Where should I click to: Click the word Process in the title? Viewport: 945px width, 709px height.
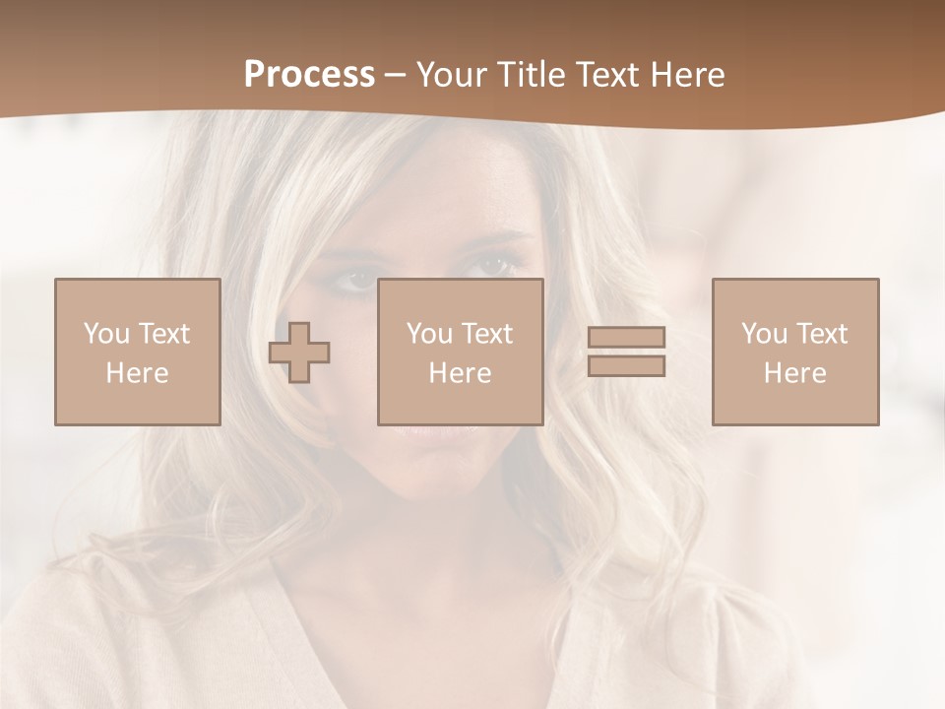tap(309, 75)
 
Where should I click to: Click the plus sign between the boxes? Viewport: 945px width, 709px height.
tap(299, 353)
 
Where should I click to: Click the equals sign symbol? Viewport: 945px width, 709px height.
tap(626, 352)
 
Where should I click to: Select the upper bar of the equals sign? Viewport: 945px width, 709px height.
tap(626, 337)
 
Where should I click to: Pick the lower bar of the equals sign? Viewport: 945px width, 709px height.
tap(626, 366)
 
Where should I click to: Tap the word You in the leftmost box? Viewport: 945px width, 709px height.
tap(104, 334)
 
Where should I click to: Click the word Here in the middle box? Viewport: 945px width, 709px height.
tap(460, 373)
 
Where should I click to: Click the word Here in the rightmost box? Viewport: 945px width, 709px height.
tap(794, 373)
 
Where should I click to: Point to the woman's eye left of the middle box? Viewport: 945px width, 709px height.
tap(355, 281)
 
